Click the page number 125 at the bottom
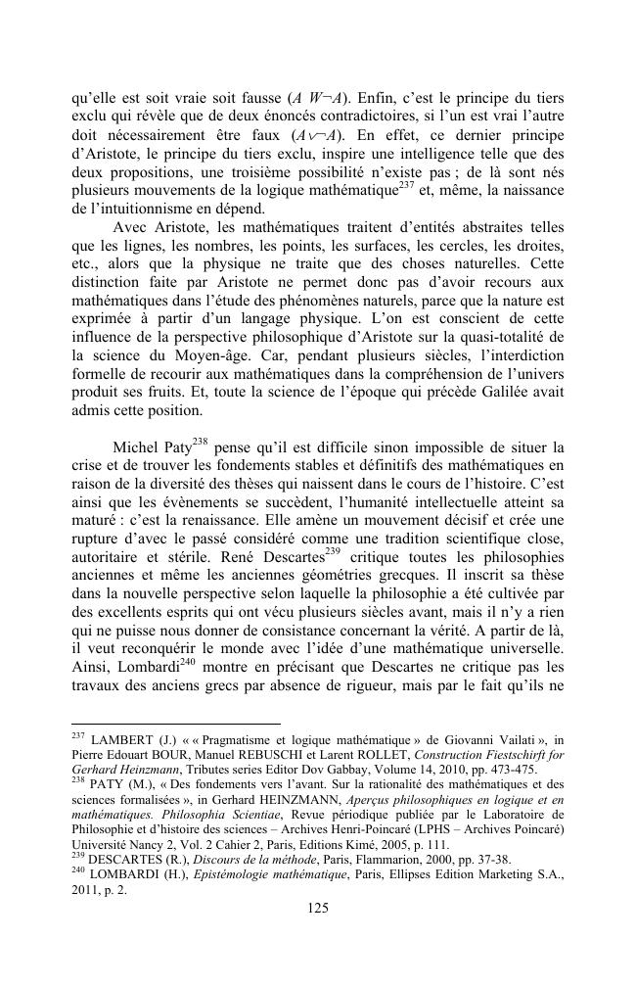(318, 909)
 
